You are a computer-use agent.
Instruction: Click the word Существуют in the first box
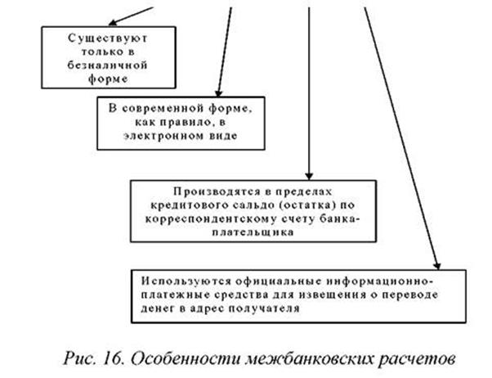pyautogui.click(x=108, y=38)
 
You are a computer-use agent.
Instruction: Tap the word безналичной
pyautogui.click(x=108, y=65)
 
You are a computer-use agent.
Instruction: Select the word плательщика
pyautogui.click(x=253, y=232)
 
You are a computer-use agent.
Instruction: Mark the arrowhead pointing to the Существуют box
pyautogui.click(x=112, y=23)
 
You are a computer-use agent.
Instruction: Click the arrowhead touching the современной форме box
pyautogui.click(x=218, y=93)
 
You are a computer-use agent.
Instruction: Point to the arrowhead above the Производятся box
pyautogui.click(x=309, y=176)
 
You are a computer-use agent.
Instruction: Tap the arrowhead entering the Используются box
pyautogui.click(x=437, y=266)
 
